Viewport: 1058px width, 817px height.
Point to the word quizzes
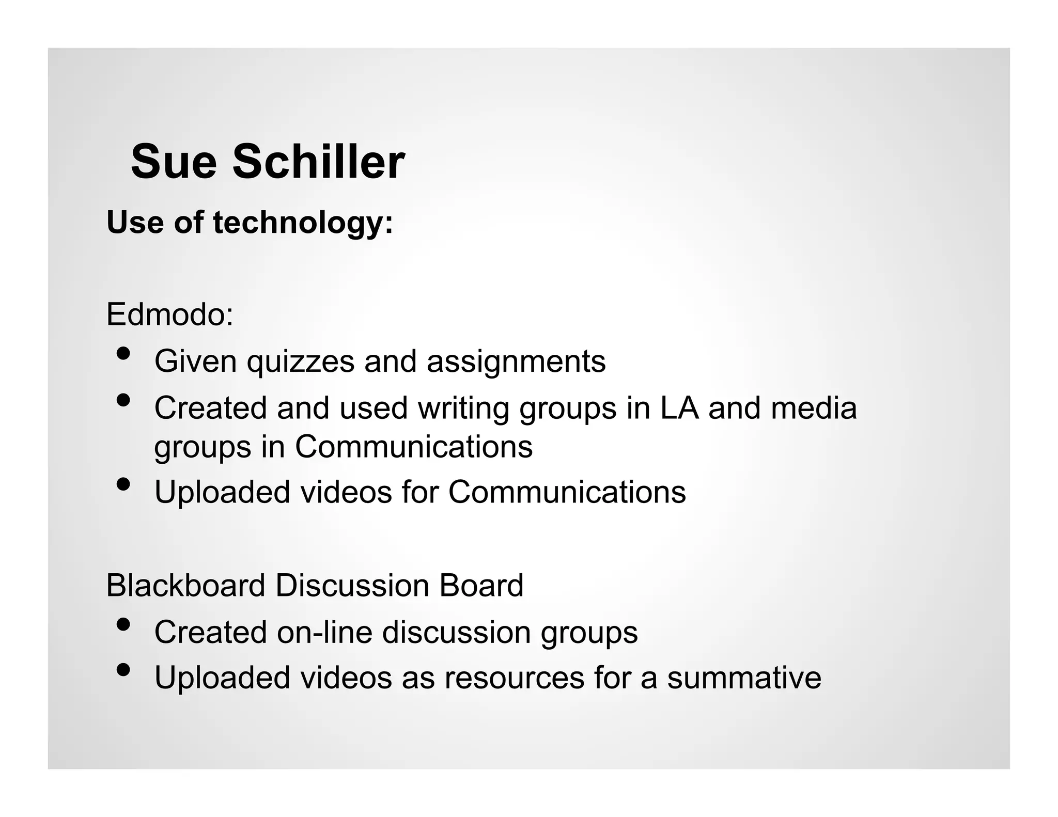click(301, 362)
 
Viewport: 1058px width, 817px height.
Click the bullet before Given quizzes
click(123, 354)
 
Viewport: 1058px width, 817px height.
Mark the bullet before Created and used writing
click(123, 400)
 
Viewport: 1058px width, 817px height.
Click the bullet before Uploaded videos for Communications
click(123, 484)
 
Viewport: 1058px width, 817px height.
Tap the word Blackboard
click(186, 585)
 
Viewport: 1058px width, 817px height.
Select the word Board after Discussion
click(481, 585)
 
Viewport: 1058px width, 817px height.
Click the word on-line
click(324, 632)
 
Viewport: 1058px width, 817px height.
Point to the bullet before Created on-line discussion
click(123, 624)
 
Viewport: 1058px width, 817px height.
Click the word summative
click(744, 678)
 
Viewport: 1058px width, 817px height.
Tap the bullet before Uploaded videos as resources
click(123, 670)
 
